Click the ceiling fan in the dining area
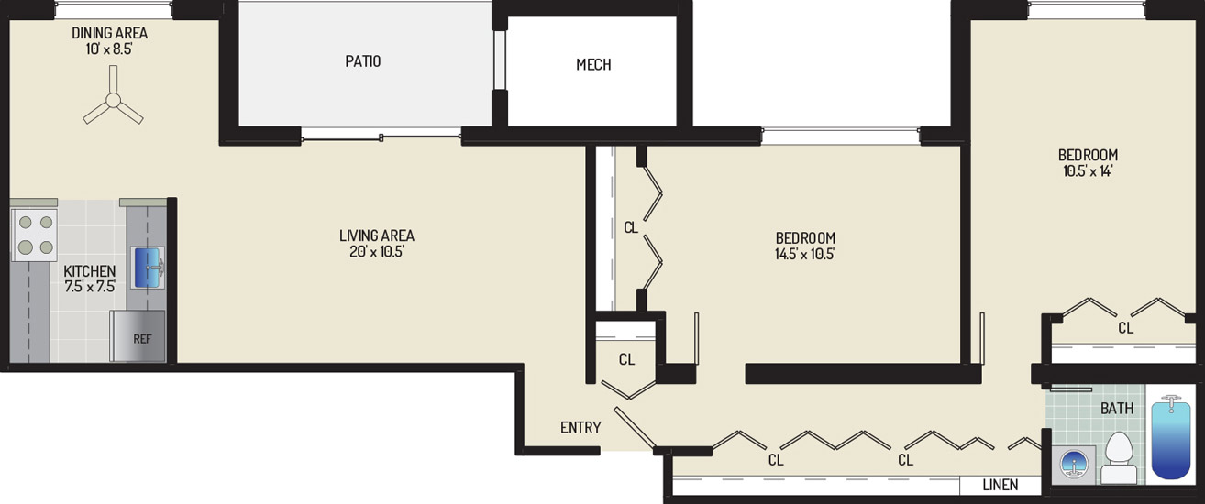click(x=113, y=100)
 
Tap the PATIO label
click(x=362, y=61)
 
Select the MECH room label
click(x=593, y=64)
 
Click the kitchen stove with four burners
click(x=35, y=235)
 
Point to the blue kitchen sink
click(x=147, y=267)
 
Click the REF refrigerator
click(x=138, y=335)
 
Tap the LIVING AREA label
click(x=377, y=236)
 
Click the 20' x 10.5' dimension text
click(x=377, y=251)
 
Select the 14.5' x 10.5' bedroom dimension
click(x=805, y=254)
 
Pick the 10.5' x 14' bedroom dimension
click(x=1088, y=170)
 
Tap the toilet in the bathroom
click(x=1119, y=457)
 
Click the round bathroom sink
click(x=1074, y=464)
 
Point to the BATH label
click(x=1117, y=409)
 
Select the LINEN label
click(x=1000, y=485)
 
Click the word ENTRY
click(x=580, y=427)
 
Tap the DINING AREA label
click(x=110, y=33)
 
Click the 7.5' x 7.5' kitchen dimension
click(x=90, y=287)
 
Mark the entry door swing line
click(x=635, y=428)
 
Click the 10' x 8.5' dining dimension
click(x=109, y=49)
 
